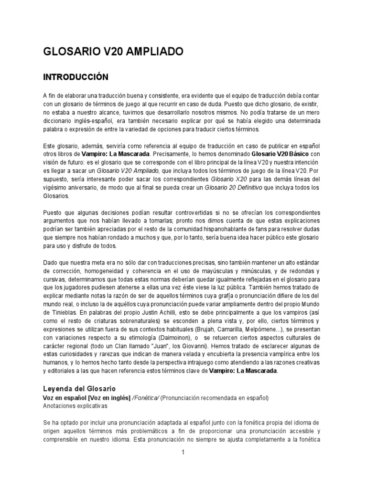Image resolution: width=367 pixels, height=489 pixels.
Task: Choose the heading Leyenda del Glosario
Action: (x=79, y=389)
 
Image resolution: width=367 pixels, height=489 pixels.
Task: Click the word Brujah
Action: (x=207, y=330)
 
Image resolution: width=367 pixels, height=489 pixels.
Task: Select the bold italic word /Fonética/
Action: (x=146, y=398)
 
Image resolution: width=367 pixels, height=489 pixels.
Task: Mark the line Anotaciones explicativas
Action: (x=76, y=406)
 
